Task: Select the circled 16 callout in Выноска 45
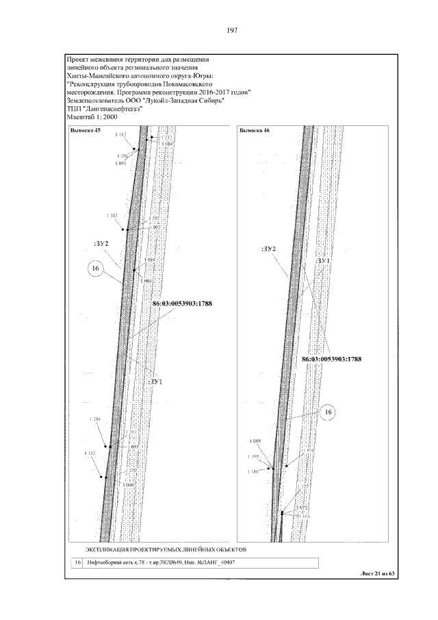[x=96, y=271]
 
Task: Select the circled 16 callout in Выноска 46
[x=328, y=412]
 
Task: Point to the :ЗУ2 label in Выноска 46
[x=268, y=248]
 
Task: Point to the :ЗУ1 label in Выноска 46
[x=323, y=262]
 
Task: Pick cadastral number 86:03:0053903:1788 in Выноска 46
[x=331, y=358]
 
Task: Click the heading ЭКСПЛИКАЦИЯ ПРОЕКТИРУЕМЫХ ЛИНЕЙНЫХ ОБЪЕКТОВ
[x=165, y=549]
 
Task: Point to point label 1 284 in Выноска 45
[x=95, y=419]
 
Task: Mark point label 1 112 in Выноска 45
[x=120, y=135]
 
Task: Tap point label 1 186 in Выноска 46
[x=254, y=472]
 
